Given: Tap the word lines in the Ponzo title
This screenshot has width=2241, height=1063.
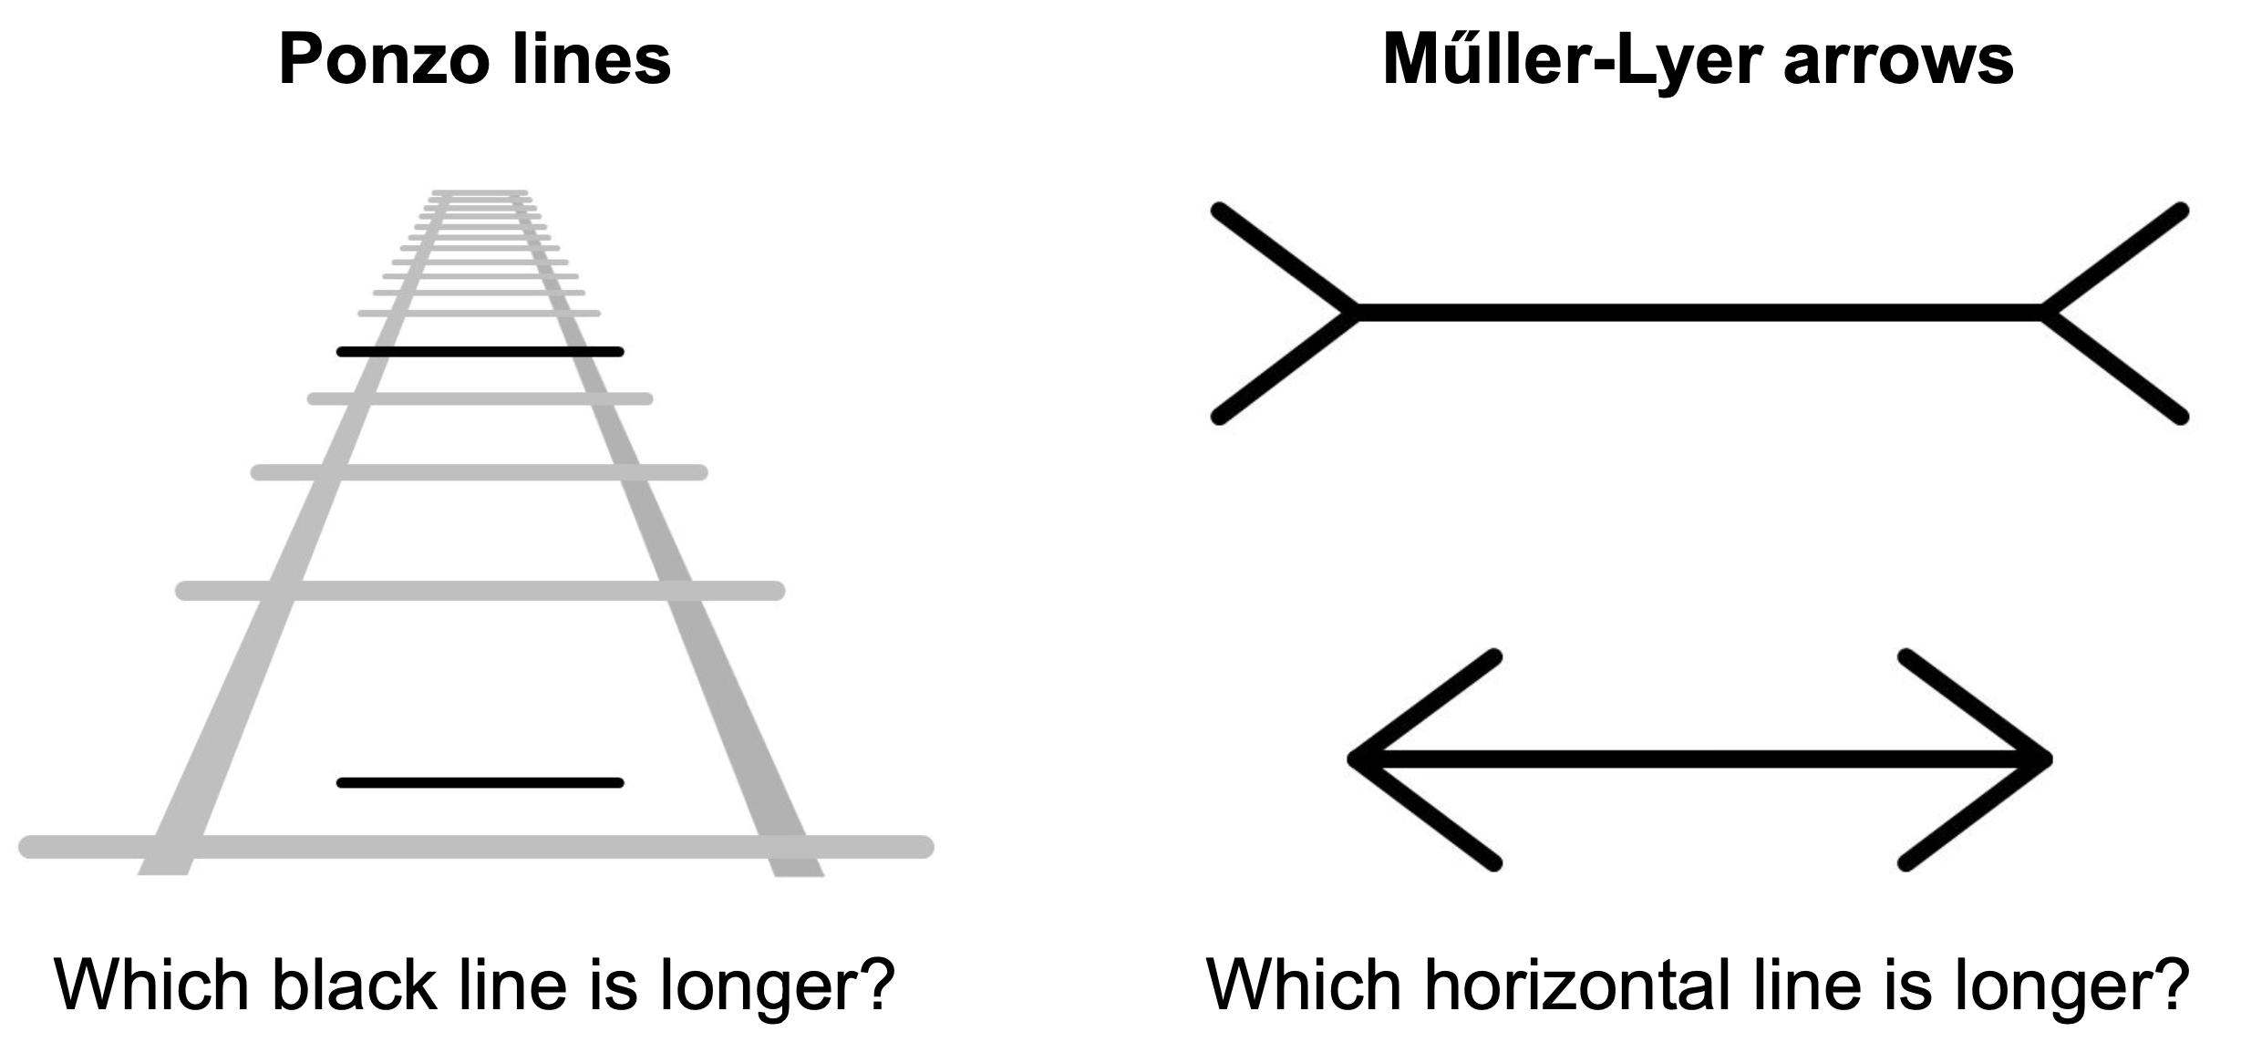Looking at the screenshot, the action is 592,60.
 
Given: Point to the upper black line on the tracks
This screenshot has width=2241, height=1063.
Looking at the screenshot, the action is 480,352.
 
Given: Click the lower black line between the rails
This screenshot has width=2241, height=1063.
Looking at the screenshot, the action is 480,782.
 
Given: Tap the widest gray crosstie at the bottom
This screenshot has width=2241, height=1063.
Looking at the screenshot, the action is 476,847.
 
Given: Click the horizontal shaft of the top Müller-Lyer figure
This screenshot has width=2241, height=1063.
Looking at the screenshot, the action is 1700,313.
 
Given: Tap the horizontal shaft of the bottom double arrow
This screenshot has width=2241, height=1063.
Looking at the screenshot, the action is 1700,759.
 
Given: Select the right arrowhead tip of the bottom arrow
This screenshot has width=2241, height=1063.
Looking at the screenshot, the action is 2046,759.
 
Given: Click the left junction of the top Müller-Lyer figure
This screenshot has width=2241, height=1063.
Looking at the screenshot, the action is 1357,313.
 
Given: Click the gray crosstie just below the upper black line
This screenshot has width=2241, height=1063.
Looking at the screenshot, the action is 480,398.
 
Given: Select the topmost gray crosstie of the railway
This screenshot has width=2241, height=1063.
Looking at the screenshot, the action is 480,193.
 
